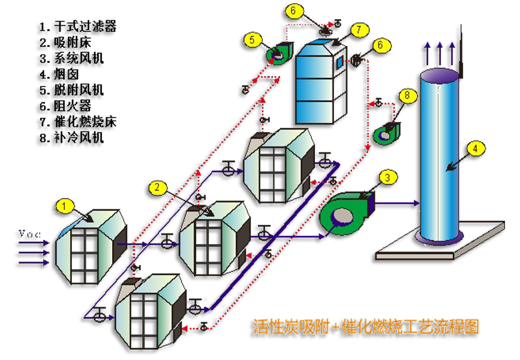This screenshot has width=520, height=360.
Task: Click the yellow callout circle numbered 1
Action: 64,206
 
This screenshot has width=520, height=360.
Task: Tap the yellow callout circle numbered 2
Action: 157,188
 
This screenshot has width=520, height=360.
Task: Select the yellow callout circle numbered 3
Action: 387,178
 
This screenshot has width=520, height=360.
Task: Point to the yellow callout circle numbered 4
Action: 475,148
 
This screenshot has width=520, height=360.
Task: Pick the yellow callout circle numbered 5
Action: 252,40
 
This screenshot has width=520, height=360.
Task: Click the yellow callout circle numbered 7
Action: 359,30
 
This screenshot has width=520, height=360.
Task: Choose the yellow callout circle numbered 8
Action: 407,95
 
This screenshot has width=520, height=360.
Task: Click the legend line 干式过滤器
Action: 78,26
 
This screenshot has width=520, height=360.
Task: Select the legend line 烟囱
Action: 59,74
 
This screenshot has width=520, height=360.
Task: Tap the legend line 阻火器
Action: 65,106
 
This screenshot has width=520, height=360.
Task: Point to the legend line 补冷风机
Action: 72,137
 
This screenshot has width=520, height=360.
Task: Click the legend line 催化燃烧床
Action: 78,122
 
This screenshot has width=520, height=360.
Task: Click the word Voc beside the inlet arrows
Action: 29,233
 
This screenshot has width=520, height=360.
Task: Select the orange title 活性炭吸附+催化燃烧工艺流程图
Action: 366,327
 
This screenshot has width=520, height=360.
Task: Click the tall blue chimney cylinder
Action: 440,156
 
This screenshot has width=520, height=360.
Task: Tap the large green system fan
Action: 347,212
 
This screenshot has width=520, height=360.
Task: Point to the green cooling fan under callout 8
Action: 387,133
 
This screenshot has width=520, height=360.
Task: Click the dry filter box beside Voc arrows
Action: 91,247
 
